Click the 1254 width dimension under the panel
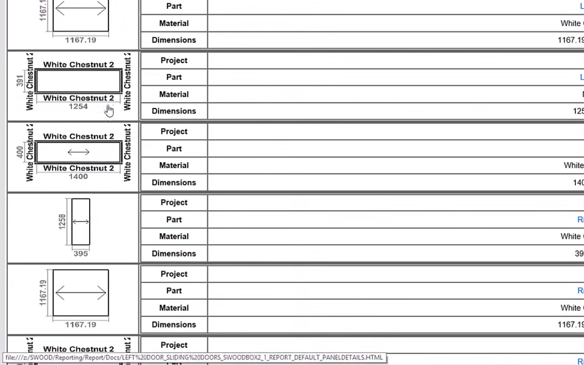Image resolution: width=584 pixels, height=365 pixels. coord(78,106)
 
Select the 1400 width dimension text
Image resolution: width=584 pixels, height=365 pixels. coord(78,177)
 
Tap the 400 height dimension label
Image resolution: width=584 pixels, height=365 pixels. coord(20,153)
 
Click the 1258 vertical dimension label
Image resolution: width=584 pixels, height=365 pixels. coord(62,222)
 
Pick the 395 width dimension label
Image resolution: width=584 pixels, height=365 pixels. coord(81,253)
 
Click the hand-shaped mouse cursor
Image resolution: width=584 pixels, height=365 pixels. coord(109,111)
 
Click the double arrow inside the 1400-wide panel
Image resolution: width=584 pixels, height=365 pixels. coord(78,153)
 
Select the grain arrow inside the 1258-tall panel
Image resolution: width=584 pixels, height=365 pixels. coord(81,222)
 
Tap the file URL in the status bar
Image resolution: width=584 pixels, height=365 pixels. coord(194,357)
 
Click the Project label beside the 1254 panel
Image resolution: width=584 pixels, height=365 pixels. coord(174,60)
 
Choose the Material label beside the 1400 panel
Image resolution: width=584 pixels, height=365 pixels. coord(174,165)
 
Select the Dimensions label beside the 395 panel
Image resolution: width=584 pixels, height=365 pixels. coord(174,254)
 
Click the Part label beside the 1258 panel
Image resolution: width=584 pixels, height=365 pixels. coord(174,220)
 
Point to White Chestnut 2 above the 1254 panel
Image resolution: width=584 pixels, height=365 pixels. coord(79,65)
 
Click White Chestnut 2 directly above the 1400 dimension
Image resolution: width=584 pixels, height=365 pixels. coord(79,168)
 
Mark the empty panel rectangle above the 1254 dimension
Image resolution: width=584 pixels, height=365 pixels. coord(78,81)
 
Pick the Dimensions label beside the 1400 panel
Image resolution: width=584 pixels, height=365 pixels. coord(174,183)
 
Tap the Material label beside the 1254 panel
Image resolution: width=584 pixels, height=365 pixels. coord(174,94)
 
